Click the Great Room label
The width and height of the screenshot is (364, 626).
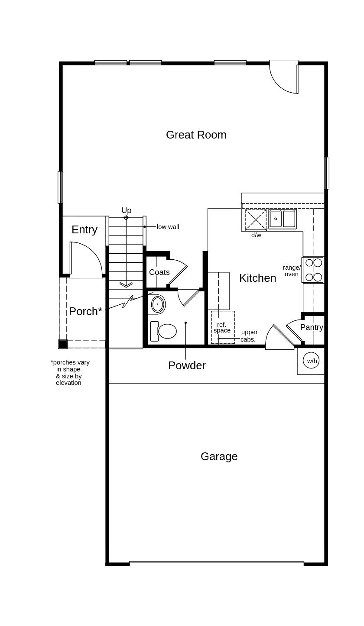click(x=196, y=135)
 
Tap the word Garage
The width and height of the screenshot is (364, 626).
click(x=219, y=457)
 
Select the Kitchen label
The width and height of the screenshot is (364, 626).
click(x=258, y=278)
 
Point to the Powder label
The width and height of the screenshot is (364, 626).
click(x=187, y=365)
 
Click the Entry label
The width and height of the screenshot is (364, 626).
click(x=84, y=230)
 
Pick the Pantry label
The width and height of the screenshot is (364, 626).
click(x=312, y=327)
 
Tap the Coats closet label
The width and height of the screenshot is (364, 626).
click(x=159, y=272)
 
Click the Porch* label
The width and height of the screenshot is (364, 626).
click(x=86, y=311)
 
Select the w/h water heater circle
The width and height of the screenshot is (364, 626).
click(x=312, y=361)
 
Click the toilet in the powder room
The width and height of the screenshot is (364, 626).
click(x=164, y=331)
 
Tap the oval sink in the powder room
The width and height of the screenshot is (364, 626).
click(x=158, y=304)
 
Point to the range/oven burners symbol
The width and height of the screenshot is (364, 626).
click(x=313, y=270)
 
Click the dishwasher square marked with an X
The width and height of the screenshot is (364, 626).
click(x=256, y=219)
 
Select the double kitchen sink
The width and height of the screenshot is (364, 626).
click(x=282, y=219)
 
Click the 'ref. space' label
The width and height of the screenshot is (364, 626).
click(x=222, y=328)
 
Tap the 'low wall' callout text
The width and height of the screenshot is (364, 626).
click(x=168, y=227)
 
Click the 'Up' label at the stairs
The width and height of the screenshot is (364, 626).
click(x=126, y=210)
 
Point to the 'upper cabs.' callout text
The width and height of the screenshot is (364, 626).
click(x=248, y=336)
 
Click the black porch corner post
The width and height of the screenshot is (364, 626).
click(x=63, y=344)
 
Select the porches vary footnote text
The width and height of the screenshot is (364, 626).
click(x=70, y=372)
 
